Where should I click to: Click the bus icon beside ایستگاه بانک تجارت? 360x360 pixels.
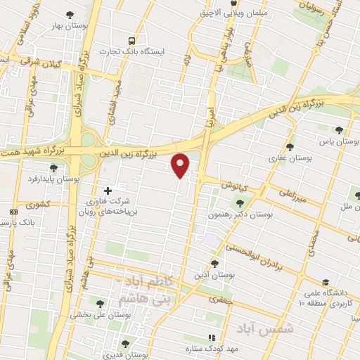pos(132,40)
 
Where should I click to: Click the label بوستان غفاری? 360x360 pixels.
pos(281,158)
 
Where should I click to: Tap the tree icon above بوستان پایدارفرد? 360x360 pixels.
pos(54,167)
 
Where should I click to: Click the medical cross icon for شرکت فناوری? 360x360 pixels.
pos(108,191)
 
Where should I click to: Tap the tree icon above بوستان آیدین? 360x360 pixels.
pos(214,264)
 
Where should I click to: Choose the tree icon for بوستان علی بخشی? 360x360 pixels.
pos(101,304)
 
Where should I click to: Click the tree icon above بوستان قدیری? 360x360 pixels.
pos(124,344)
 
